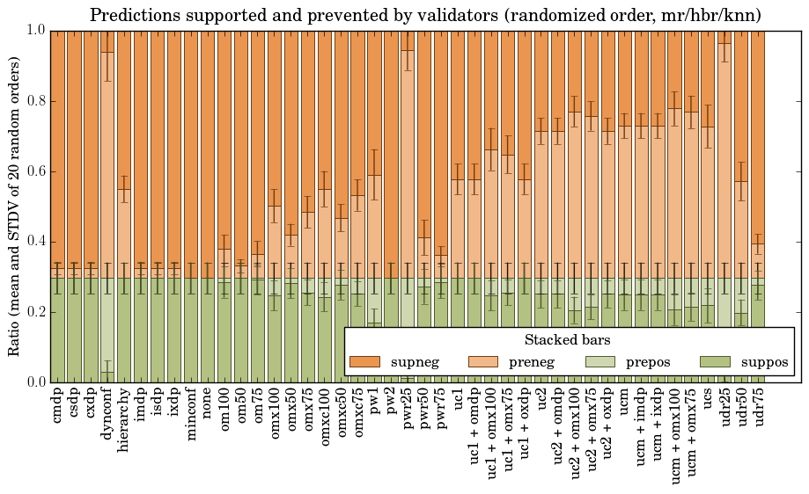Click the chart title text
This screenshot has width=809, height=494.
(425, 15)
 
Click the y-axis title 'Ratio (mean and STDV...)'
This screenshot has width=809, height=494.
(15, 207)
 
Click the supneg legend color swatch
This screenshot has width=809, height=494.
(364, 362)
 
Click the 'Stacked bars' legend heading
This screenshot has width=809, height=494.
(568, 339)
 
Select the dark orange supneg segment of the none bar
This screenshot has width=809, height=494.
(208, 149)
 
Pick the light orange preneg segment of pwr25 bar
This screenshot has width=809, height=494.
(408, 158)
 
